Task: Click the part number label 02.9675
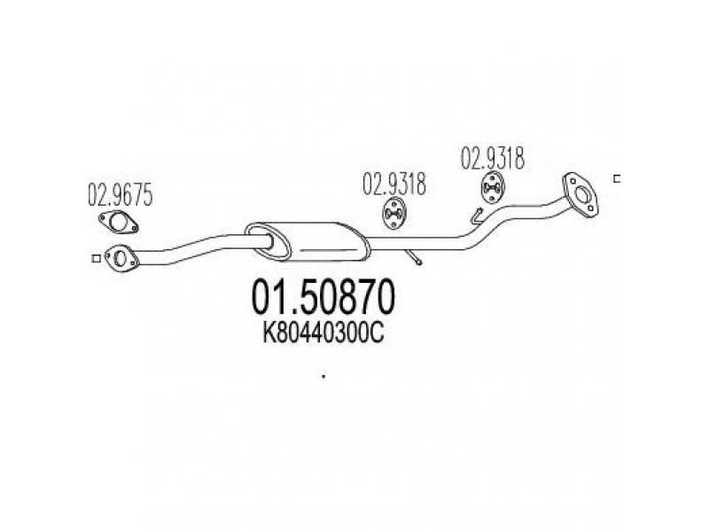tap(120, 194)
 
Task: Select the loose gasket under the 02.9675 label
tap(118, 223)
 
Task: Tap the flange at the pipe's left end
tap(121, 259)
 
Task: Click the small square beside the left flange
tap(96, 259)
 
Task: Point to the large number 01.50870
tap(323, 297)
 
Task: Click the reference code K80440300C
tap(323, 334)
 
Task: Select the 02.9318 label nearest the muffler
tap(393, 184)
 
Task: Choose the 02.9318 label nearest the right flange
tap(492, 159)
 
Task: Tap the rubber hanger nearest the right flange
tap(492, 188)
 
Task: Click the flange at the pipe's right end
tap(580, 195)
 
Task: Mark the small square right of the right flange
tap(616, 179)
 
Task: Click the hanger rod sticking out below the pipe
tap(414, 257)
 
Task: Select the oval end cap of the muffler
tap(268, 241)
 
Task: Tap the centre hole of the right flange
tap(581, 195)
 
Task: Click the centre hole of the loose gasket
tap(119, 223)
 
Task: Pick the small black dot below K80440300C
tap(323, 376)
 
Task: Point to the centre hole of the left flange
tap(121, 258)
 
